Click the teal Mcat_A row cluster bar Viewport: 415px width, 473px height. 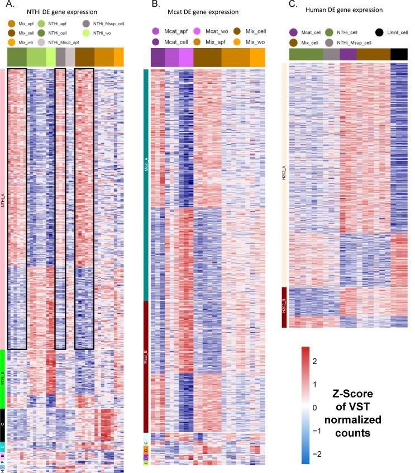click(146, 185)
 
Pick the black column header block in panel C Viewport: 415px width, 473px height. click(399, 54)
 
